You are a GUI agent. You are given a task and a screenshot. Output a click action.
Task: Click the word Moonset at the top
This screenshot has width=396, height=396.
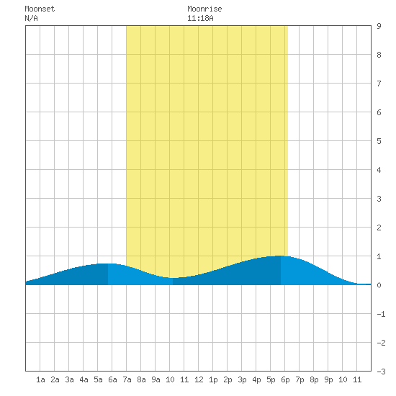[x=40, y=9]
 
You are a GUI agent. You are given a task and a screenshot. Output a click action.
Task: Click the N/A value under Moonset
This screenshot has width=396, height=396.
[x=31, y=18]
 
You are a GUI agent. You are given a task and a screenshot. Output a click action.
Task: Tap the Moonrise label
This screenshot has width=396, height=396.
[x=204, y=9]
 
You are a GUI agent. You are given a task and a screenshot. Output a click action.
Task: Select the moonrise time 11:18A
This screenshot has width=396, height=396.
[x=200, y=18]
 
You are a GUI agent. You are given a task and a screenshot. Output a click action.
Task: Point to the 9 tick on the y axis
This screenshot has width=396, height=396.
[x=379, y=26]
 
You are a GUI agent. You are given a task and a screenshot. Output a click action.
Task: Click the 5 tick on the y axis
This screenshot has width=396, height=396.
[x=379, y=141]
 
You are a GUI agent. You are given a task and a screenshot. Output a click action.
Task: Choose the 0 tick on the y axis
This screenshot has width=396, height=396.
[x=379, y=285]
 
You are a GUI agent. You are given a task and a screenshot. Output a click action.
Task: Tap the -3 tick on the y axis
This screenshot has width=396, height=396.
[x=381, y=372]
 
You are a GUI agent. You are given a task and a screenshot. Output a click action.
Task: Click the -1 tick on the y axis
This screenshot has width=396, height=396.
[x=381, y=314]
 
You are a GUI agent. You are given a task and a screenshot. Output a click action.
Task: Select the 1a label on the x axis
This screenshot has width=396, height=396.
[x=40, y=379]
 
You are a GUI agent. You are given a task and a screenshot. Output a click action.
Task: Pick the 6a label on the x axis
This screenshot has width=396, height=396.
[x=112, y=379]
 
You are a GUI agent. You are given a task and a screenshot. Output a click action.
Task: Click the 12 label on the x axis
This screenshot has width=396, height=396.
[x=199, y=379]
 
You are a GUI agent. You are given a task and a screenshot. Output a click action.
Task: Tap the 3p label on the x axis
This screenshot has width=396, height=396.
[x=242, y=379]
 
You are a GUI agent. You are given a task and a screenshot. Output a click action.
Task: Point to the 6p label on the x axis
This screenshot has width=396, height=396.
[x=285, y=379]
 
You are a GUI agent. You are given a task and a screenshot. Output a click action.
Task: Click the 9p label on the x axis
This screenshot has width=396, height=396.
[x=328, y=379]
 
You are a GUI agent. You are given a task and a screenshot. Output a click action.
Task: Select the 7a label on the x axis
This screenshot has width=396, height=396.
[x=127, y=379]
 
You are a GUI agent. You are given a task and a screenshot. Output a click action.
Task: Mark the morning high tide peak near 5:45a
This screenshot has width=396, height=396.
[x=108, y=264]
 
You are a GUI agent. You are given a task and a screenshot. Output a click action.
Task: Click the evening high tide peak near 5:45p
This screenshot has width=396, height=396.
[x=281, y=256]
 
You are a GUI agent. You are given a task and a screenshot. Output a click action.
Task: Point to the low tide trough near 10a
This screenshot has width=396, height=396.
[x=173, y=278]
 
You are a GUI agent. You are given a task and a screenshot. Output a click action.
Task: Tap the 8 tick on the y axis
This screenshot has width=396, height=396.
[x=379, y=55]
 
